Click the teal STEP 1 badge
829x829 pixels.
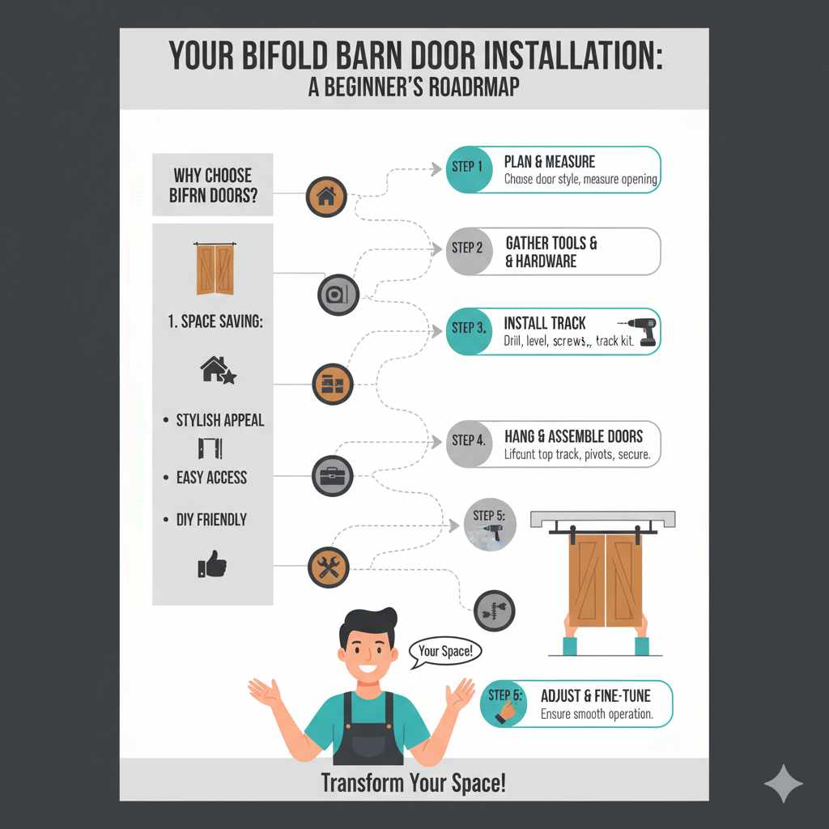coord(467,168)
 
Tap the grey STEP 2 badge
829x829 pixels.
coord(467,248)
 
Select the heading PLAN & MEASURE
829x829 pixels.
coord(550,162)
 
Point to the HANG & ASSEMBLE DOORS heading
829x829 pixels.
coord(573,437)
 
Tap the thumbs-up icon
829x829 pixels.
coord(212,563)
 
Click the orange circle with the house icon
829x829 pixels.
coord(327,197)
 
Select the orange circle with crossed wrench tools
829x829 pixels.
coord(329,567)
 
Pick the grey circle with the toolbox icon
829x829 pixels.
coord(332,475)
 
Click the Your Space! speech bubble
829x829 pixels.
coord(445,651)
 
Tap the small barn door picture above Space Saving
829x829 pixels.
coord(214,268)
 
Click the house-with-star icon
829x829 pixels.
coord(217,371)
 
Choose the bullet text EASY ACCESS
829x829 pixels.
coord(211,478)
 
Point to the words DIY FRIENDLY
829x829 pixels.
coord(211,520)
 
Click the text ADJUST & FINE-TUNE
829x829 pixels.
coord(595,695)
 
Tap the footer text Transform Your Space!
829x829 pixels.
coord(414,783)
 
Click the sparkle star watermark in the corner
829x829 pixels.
coord(783,783)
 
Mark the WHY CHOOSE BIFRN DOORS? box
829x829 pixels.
coord(212,185)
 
